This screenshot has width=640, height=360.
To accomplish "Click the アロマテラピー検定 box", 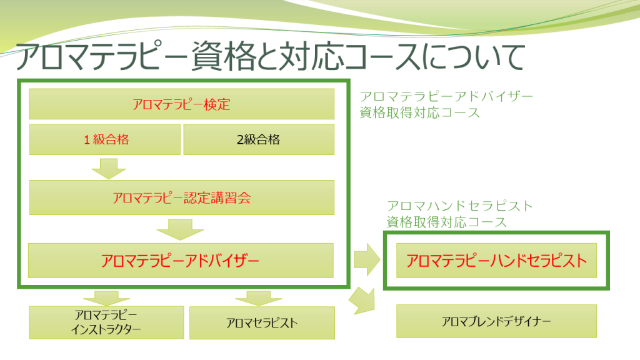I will [x=182, y=104].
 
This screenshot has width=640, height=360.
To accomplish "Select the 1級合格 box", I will [x=105, y=139].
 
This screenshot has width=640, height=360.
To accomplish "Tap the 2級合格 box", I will [x=258, y=139].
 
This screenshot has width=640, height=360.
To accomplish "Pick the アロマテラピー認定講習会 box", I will [x=182, y=197].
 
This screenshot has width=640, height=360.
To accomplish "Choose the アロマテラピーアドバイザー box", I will [x=181, y=261].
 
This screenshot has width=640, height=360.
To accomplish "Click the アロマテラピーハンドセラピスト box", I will [x=497, y=260].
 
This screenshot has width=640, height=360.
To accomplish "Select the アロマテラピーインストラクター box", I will [x=106, y=322].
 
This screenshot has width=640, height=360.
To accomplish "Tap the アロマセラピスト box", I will [x=262, y=322].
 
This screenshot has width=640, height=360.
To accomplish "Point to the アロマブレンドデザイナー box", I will [x=497, y=321].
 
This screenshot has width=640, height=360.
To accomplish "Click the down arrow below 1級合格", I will [x=109, y=168].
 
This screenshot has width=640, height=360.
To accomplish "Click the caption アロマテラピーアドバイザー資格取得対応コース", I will [x=446, y=104].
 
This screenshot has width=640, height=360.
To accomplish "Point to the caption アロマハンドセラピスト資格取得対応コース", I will [x=459, y=213].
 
